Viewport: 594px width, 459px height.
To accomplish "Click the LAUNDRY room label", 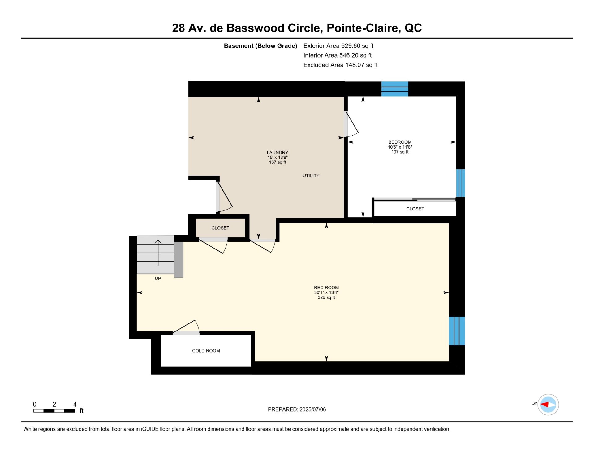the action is pos(278,153).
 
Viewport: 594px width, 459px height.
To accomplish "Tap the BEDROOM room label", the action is pos(400,142).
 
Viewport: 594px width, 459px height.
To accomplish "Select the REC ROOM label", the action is pos(326,288).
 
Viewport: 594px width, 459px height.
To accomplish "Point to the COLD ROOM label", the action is pos(206,351).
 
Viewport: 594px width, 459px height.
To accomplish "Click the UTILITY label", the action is pos(311,175).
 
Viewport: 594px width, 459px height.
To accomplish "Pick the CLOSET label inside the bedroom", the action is pos(415,209).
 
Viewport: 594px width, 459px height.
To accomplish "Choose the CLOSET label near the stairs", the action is pos(220,228).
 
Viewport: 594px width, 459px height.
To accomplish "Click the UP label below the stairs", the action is pos(158,279).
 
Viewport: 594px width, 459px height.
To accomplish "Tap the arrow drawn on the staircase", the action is pos(158,253).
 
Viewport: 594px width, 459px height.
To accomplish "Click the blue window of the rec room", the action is pos(457,331).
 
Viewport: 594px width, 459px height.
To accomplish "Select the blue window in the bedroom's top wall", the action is pos(395,89).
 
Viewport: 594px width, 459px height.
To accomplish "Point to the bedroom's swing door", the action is pos(351,124).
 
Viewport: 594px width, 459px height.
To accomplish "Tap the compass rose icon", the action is pos(548,405).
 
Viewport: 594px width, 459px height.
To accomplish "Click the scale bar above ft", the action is pos(54,411).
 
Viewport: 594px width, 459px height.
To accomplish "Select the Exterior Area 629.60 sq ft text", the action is pos(338,46).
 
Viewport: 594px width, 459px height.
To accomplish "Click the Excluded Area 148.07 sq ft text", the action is pos(340,65).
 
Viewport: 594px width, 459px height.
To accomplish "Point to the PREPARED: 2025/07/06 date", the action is pos(297,409).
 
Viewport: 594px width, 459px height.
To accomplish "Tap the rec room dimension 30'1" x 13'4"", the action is pos(326,292).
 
